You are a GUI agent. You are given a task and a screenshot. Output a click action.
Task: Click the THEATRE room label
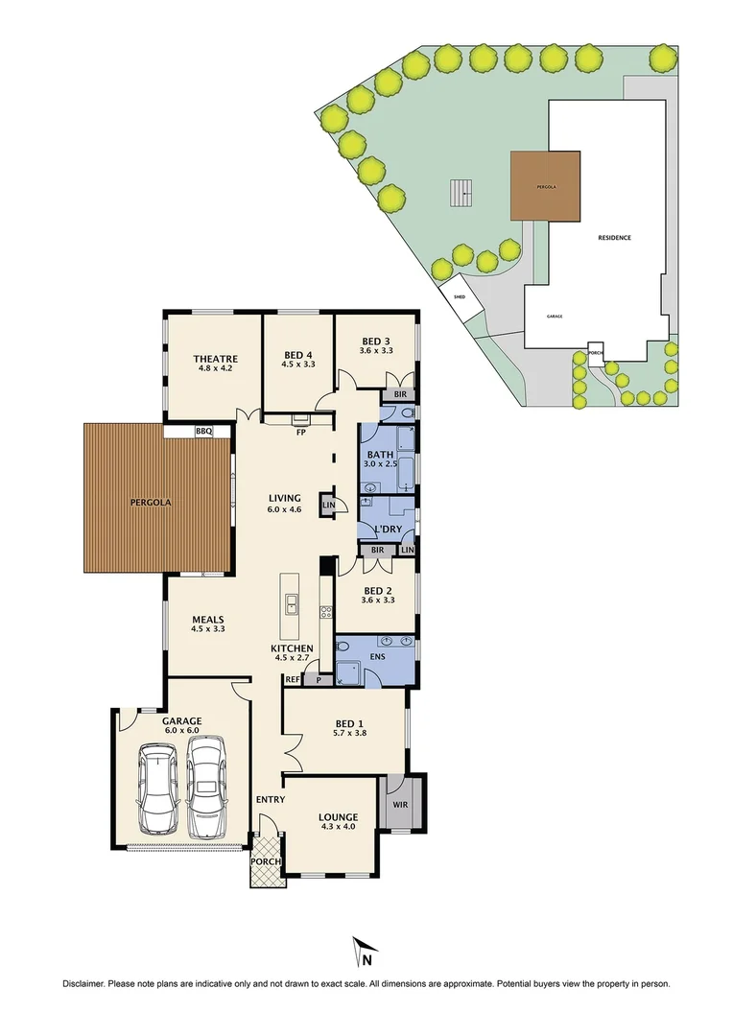(215, 353)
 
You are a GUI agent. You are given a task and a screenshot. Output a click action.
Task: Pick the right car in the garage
(206, 787)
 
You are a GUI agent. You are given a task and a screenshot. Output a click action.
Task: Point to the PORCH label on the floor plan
(266, 861)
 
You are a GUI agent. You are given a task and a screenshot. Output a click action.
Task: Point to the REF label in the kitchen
(294, 679)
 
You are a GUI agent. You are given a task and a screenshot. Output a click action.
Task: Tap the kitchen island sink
(291, 603)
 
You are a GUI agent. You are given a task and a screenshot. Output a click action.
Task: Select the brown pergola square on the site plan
(545, 185)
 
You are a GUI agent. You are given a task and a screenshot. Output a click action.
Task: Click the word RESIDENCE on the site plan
(615, 238)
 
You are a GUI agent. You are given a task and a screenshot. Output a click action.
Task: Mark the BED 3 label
(375, 341)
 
